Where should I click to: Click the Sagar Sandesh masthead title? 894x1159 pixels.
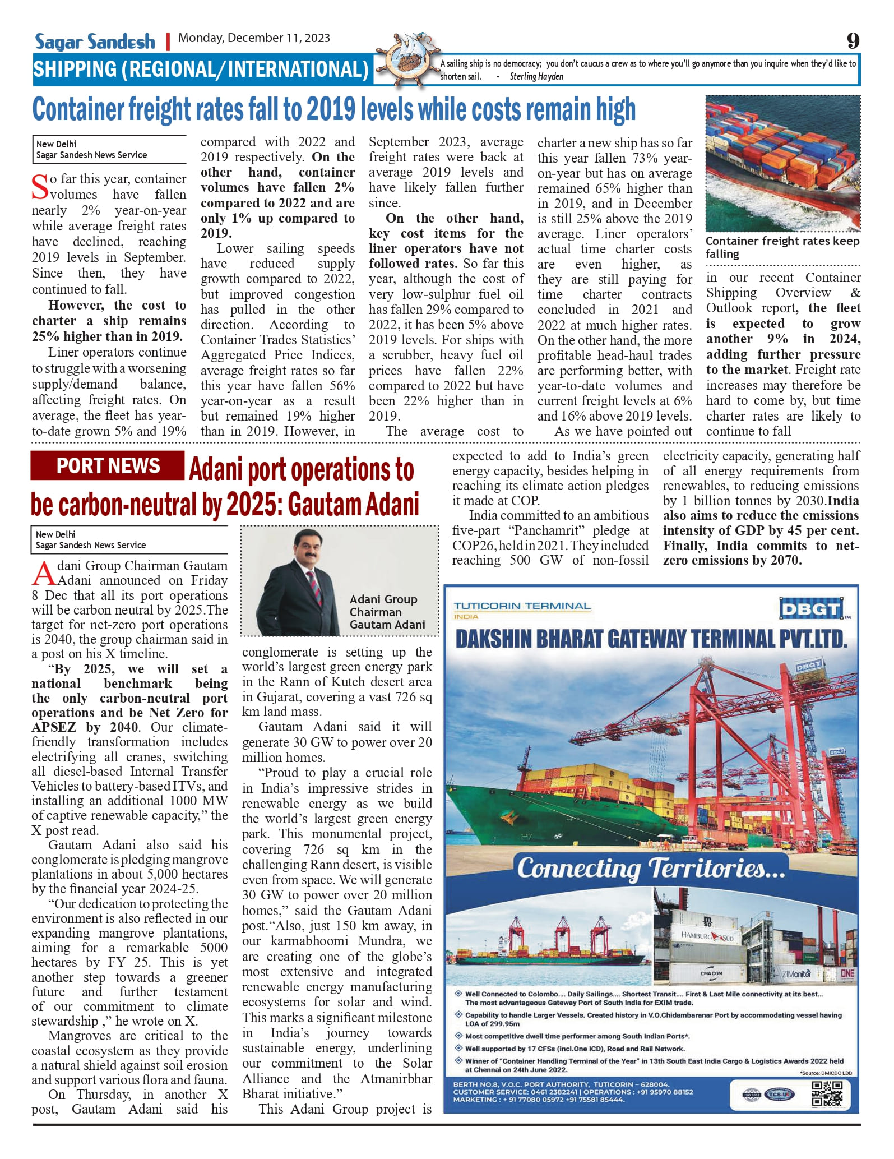(95, 41)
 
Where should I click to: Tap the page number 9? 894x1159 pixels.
(853, 41)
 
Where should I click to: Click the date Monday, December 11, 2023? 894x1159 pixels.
(254, 38)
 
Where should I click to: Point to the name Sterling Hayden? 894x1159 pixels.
(536, 76)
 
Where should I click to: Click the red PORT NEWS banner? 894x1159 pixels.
(108, 466)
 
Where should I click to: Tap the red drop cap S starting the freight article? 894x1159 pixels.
(40, 187)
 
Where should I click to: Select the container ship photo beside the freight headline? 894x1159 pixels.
(782, 163)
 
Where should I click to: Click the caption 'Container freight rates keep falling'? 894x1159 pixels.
(782, 247)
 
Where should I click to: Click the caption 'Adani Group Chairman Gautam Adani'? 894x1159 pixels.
(387, 612)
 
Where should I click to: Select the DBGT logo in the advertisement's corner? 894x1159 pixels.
(810, 608)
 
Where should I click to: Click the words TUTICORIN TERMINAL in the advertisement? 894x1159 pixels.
(522, 606)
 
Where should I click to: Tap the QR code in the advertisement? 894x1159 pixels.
(827, 1093)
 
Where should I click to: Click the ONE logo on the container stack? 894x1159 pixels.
(847, 973)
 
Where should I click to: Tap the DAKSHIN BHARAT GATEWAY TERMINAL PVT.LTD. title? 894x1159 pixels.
(651, 639)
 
